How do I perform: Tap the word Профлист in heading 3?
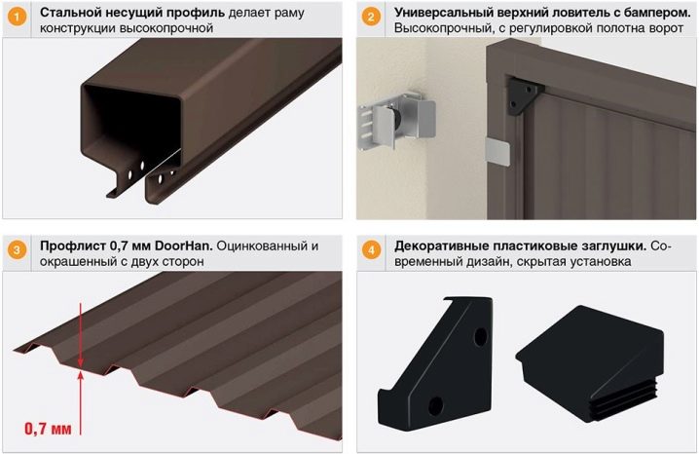tap(71, 246)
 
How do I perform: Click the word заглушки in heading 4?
tap(608, 246)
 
